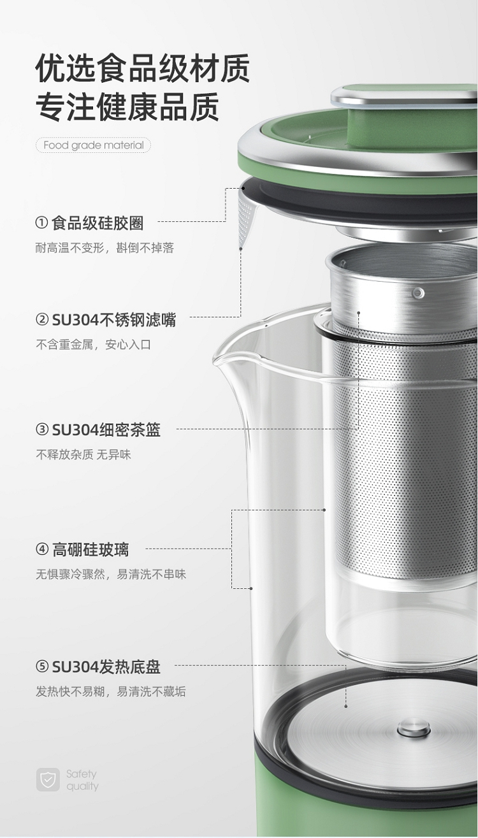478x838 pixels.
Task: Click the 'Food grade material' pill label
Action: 93,145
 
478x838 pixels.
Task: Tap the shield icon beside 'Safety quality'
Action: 48,779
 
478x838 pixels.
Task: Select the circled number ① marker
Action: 41,222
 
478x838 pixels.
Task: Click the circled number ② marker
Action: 42,319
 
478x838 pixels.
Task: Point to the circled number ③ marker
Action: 42,429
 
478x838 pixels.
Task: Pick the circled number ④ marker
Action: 42,549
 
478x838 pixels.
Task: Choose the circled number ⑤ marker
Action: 42,667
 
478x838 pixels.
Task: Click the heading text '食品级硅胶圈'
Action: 98,223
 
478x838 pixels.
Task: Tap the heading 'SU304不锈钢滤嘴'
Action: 113,320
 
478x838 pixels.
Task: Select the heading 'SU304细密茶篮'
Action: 106,430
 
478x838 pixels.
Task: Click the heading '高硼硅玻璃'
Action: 90,549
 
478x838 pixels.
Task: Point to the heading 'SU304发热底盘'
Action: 106,667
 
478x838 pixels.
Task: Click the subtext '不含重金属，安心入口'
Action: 93,344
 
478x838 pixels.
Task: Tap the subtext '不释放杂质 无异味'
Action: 83,454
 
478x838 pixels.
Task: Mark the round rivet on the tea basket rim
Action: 418,293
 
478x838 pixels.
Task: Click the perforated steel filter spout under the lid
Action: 246,220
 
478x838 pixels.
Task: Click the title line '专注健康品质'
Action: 127,107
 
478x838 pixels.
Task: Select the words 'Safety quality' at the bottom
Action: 82,780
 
